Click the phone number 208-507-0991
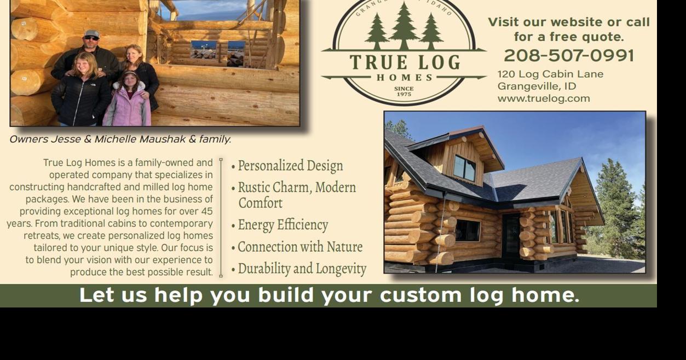[569, 56]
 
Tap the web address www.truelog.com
[544, 98]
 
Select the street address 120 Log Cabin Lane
[550, 74]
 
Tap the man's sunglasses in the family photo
[91, 38]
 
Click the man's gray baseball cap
[92, 33]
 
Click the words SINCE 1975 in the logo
[403, 91]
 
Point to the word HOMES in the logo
[404, 78]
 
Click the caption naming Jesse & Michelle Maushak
[120, 140]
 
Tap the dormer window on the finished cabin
[464, 167]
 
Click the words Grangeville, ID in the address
[537, 86]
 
